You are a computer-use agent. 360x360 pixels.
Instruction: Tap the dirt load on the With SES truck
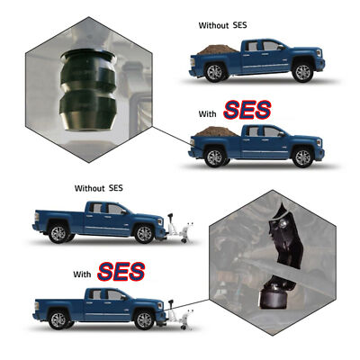216,133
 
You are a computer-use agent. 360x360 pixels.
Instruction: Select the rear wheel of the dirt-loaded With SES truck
216,158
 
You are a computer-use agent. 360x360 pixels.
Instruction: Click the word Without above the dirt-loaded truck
218,25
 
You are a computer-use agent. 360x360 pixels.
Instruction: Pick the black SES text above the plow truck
114,189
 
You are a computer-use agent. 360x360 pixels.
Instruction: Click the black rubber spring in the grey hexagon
87,91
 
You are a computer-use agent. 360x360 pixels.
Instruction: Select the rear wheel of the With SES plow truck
59,318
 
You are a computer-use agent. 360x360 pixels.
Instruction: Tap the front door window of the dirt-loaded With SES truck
270,131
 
